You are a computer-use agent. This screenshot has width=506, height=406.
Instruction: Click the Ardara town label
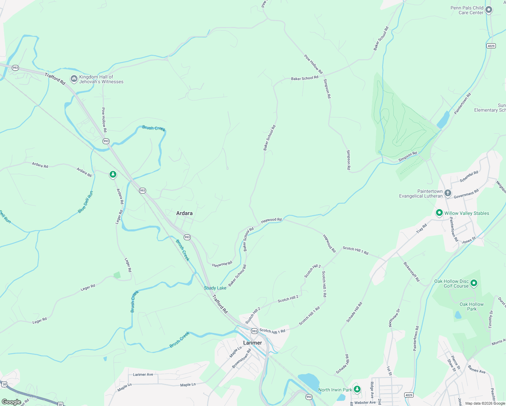(x=184, y=213)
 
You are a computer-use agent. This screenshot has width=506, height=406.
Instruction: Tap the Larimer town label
(x=252, y=343)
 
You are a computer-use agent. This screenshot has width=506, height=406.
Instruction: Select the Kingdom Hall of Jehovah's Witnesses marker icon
(x=74, y=79)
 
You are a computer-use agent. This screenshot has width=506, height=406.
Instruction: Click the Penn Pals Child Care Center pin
(x=488, y=10)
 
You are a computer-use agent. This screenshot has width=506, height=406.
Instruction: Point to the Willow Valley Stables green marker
(x=439, y=213)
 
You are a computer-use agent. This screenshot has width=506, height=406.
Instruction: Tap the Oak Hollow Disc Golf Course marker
(x=474, y=283)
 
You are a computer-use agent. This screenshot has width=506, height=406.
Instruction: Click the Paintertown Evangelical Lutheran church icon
(x=447, y=193)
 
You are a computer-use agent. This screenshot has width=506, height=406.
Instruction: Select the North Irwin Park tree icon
(x=357, y=389)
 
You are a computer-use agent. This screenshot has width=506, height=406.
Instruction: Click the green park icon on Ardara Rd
(x=113, y=175)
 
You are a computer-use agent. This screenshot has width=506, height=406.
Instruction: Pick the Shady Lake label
(x=215, y=288)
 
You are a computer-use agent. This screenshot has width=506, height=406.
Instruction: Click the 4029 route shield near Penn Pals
(x=491, y=46)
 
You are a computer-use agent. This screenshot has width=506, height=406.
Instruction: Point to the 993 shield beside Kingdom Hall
(x=15, y=68)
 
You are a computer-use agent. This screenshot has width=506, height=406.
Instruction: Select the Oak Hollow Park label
(x=471, y=307)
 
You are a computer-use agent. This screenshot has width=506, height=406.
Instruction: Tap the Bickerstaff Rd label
(x=411, y=271)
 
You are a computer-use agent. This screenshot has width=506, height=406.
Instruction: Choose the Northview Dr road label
(x=394, y=318)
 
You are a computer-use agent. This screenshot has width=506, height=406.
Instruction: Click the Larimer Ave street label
(x=143, y=375)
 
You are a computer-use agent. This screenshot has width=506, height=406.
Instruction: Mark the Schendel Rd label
(x=469, y=177)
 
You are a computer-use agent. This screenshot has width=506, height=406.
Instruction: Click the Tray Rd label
(x=421, y=228)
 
